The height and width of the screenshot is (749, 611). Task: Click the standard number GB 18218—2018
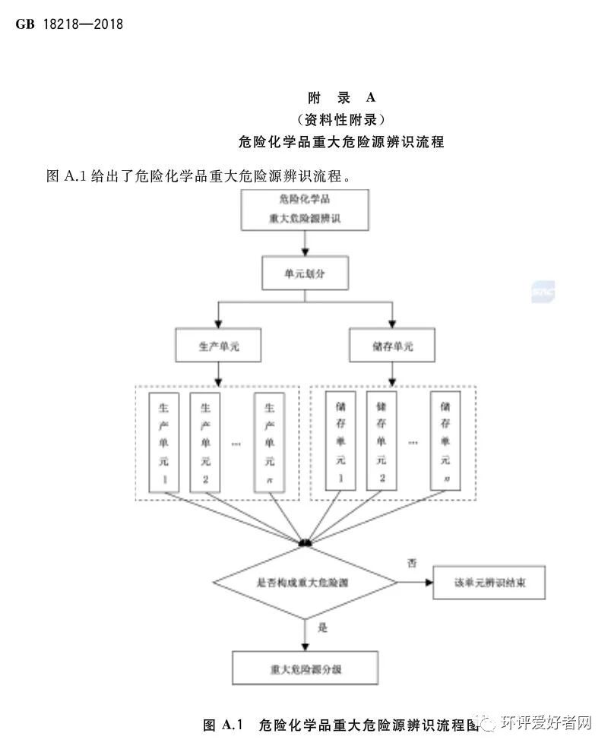click(69, 24)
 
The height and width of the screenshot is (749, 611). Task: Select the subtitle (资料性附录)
click(341, 119)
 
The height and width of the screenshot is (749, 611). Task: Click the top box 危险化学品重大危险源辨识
click(305, 210)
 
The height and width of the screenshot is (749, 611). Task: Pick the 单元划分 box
click(305, 273)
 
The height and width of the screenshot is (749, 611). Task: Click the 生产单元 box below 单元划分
click(218, 346)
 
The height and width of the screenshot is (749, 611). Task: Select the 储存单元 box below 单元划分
click(392, 346)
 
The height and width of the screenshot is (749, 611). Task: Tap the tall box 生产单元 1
click(163, 441)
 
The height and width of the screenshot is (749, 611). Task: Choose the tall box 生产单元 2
click(204, 441)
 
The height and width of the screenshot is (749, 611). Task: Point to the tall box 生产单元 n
click(268, 441)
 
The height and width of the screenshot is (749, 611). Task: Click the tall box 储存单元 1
click(340, 441)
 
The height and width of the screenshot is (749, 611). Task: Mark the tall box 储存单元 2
click(381, 441)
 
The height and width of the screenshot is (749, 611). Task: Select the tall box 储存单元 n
click(445, 441)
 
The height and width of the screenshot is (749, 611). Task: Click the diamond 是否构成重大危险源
click(305, 583)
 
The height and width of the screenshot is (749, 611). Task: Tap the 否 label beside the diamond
click(412, 564)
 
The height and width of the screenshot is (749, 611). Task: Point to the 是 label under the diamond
click(321, 628)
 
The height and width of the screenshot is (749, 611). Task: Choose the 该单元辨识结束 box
click(489, 583)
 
